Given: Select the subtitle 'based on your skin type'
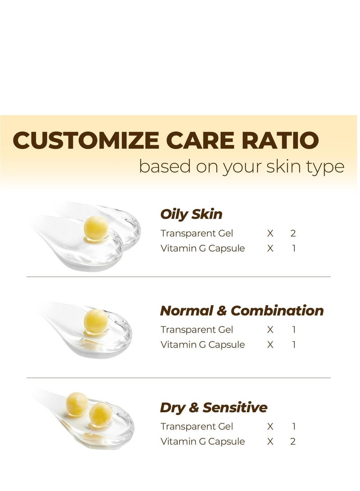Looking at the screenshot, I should (241, 166).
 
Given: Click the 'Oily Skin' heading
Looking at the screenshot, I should (191, 214).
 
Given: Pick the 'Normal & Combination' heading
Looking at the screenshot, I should (242, 311).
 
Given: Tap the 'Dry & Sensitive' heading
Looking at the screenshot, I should (214, 408).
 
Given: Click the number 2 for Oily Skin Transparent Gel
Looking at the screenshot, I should (293, 233).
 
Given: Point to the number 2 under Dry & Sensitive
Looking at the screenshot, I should (293, 441).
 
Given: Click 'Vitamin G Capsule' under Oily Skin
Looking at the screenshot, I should (202, 248).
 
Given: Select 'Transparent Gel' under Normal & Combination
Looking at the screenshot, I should (197, 329).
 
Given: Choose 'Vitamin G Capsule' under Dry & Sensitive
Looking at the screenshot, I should (202, 441).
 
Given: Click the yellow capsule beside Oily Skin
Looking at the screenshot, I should (96, 227).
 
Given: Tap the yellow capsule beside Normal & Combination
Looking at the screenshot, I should (96, 321).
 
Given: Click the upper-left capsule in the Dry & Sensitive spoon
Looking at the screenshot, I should (77, 403).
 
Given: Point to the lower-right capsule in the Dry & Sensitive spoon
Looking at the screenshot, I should (101, 414).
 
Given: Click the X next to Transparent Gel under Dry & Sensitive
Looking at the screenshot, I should (270, 426).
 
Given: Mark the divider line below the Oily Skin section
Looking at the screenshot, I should (179, 277).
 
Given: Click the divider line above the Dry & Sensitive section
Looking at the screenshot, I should (179, 378).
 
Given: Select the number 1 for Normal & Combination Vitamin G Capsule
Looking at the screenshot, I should (294, 345).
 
